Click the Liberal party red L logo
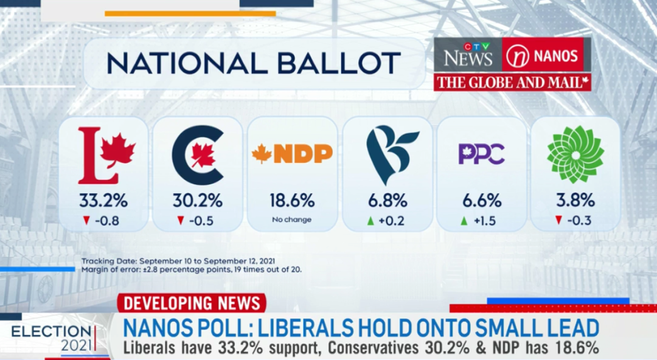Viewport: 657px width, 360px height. [106, 156]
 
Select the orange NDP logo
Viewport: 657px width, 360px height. [292, 154]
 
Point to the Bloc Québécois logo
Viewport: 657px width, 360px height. [391, 155]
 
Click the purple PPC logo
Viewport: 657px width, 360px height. [482, 154]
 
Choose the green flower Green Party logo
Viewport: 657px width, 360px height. [575, 155]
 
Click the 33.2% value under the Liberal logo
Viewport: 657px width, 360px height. [103, 201]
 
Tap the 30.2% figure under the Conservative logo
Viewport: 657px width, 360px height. [198, 201]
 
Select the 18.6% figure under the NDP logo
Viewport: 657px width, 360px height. [292, 201]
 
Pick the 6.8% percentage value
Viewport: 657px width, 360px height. [388, 201]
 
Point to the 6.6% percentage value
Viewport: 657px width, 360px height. [482, 201]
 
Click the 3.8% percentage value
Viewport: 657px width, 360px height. [575, 201]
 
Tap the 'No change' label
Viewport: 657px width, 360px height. [291, 220]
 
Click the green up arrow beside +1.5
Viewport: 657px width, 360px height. [464, 221]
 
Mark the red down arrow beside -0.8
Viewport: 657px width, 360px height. [86, 221]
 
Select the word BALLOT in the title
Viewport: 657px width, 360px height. [339, 63]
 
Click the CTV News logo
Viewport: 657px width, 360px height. [468, 55]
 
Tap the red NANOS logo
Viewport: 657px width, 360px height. [543, 55]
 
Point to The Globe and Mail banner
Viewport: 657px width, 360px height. [512, 82]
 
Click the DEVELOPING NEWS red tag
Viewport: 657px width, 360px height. [192, 303]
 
